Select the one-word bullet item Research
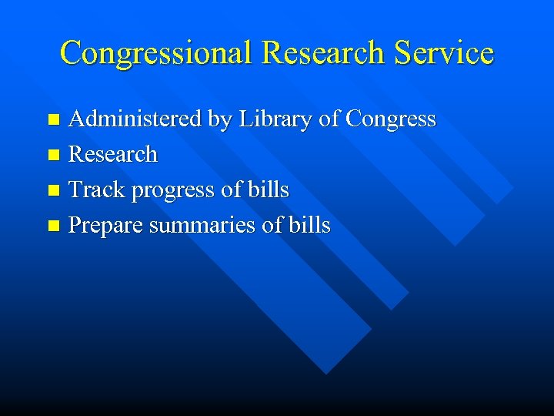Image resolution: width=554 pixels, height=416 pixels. (113, 155)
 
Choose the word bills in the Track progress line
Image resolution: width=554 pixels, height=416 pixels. (269, 190)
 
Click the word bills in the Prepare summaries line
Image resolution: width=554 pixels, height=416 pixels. (311, 226)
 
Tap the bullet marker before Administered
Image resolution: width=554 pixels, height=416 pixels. (53, 120)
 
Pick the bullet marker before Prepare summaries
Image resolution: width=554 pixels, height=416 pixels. (53, 226)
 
